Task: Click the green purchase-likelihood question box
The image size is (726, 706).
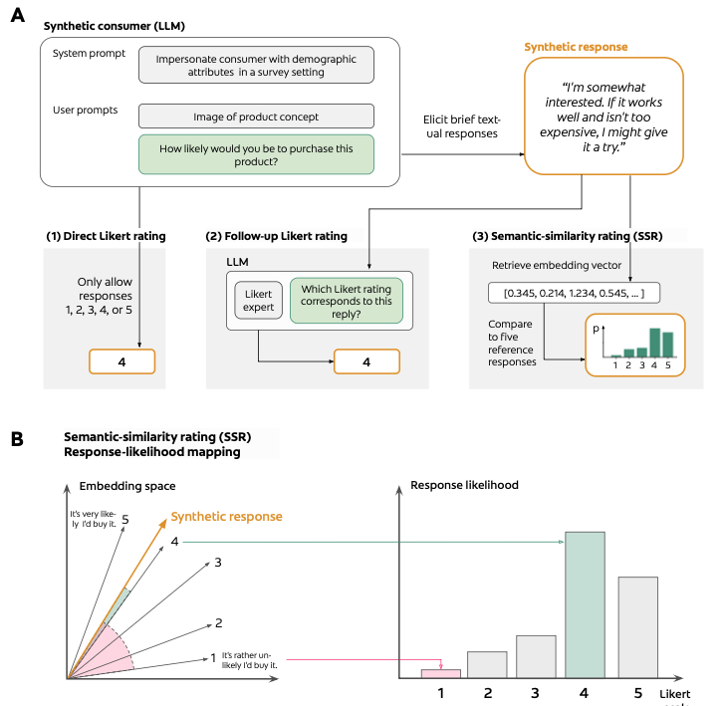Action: point(256,154)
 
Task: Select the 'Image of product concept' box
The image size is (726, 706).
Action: point(256,116)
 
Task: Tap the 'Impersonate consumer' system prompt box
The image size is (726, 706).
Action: point(256,66)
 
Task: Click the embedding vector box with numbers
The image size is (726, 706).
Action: point(575,293)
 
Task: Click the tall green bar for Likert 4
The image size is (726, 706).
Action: point(585,604)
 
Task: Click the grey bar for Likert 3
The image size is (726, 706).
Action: point(537,656)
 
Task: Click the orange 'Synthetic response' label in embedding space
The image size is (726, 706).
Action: point(226,517)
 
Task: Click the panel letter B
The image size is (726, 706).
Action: point(16,438)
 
